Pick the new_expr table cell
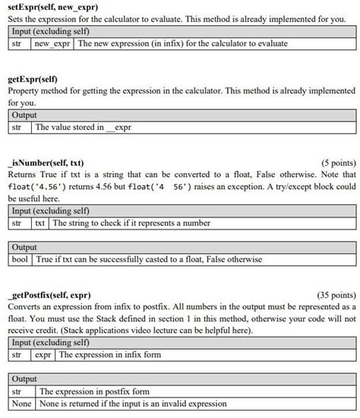tap(52, 43)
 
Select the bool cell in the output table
tap(20, 259)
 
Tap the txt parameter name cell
tap(39, 223)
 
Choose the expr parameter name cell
tap(43, 354)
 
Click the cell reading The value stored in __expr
tap(84, 127)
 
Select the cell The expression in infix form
tap(109, 354)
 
